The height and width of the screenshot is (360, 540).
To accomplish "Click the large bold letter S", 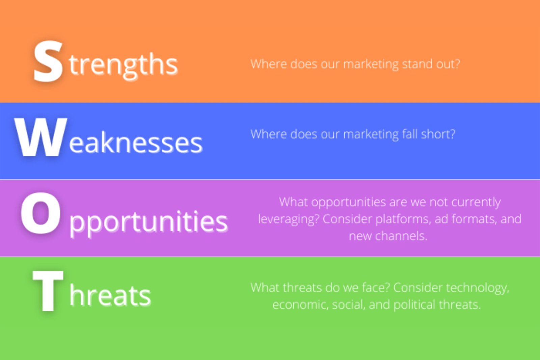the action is pos(48,61).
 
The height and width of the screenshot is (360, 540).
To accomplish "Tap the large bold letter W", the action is pos(40,137).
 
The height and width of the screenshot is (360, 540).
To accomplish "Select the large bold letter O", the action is pos(40,213).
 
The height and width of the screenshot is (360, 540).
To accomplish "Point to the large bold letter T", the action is pos(48,290).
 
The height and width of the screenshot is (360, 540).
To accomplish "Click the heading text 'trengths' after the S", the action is pos(123,64).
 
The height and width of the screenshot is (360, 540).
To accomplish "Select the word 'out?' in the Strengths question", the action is pos(448,64).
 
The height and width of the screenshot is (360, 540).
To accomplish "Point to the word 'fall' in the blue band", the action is pos(410,134).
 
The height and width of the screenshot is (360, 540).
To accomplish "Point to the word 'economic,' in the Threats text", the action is pos(300,305).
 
